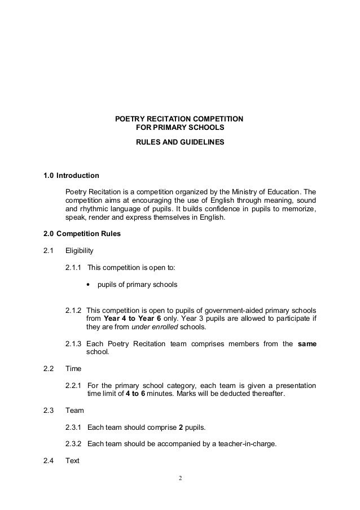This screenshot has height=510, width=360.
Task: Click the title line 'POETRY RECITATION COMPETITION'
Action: tap(179, 119)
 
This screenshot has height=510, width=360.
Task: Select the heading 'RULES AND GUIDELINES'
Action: tap(179, 142)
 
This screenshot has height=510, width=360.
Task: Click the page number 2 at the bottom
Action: tap(180, 479)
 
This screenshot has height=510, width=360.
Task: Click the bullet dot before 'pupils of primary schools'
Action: tap(89, 285)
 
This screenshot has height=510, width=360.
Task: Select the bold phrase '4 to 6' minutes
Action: tap(135, 394)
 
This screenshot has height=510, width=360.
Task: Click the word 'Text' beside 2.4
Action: tap(73, 460)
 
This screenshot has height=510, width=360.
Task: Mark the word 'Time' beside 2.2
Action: tap(73, 368)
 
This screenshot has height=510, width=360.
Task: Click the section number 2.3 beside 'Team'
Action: tap(49, 410)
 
